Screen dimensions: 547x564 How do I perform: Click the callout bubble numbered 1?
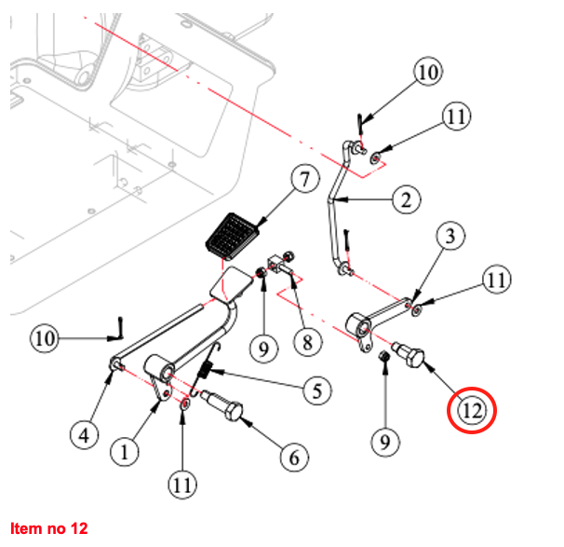125,453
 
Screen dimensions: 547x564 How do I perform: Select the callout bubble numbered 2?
406,198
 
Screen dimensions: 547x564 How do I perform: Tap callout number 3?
449,237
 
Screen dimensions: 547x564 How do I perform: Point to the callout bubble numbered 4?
85,433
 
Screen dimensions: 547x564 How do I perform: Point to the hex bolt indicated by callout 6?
224,407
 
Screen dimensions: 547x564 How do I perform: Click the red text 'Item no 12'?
48,528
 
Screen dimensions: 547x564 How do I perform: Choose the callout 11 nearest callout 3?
494,279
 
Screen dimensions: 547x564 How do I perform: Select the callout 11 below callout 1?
181,484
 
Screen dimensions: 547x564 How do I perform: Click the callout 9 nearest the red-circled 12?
383,439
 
